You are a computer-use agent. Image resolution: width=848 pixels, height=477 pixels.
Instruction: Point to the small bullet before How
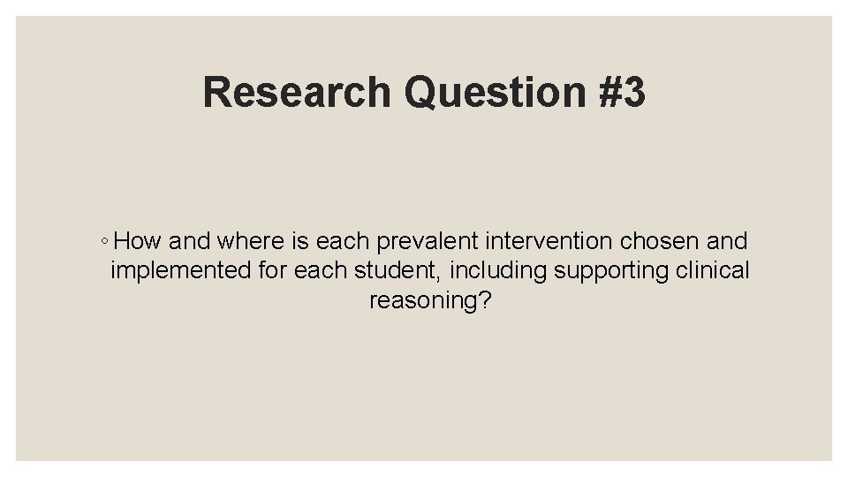[x=105, y=241]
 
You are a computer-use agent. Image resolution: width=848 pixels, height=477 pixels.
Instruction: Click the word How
[x=138, y=240]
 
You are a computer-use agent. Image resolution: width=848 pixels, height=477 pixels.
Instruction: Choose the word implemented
[x=181, y=270]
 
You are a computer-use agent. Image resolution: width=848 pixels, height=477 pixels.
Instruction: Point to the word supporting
[x=611, y=270]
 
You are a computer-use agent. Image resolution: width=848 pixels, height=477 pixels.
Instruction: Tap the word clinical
[x=713, y=270]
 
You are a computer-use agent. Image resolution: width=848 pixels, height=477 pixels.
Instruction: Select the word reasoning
[x=421, y=300]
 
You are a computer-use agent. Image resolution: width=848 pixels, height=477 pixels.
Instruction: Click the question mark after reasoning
[x=484, y=300]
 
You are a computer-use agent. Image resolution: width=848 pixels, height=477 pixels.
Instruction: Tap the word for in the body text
[x=271, y=270]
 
